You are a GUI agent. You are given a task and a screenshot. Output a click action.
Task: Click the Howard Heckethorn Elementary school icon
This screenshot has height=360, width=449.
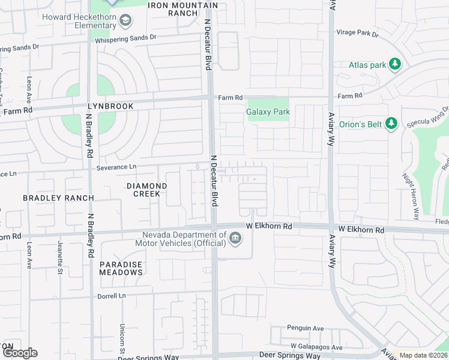[125, 22]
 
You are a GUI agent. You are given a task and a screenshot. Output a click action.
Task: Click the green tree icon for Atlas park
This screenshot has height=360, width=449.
[394, 64]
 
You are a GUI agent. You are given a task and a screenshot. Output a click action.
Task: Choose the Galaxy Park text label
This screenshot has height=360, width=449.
[268, 112]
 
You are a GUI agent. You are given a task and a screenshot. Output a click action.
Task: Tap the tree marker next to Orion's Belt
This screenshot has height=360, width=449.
[391, 124]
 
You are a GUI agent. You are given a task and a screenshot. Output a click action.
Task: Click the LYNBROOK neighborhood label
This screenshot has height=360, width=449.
[107, 106]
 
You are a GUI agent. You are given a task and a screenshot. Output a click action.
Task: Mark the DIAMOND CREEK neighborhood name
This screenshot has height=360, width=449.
[143, 190]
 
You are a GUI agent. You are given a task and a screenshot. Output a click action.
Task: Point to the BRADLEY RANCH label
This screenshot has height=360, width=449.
[58, 198]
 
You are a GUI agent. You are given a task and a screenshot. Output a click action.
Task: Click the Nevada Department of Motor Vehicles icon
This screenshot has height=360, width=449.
[235, 239]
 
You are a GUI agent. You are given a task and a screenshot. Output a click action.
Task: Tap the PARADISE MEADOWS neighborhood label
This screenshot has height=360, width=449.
[121, 268]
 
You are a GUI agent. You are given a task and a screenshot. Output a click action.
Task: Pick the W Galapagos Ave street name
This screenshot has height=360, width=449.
[316, 347]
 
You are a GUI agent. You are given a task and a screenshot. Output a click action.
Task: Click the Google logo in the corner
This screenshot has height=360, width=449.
[20, 353]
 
